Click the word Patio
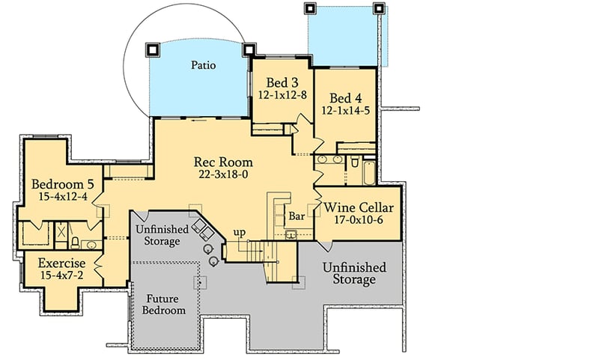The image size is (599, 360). point(202,66)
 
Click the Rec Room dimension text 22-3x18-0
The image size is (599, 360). point(223,174)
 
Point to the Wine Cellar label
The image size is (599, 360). point(356,207)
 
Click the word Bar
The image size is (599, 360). point(297,216)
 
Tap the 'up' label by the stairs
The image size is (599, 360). point(240,232)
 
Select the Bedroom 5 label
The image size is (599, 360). point(62,184)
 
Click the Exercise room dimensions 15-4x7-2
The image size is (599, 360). point(62,275)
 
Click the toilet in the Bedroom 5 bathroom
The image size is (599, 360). point(76,241)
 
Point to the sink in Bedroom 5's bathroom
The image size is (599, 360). point(91,244)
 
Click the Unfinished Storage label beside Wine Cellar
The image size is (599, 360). point(354,273)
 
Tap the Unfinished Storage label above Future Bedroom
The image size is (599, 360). point(158,235)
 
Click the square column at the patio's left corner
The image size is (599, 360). point(153,49)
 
